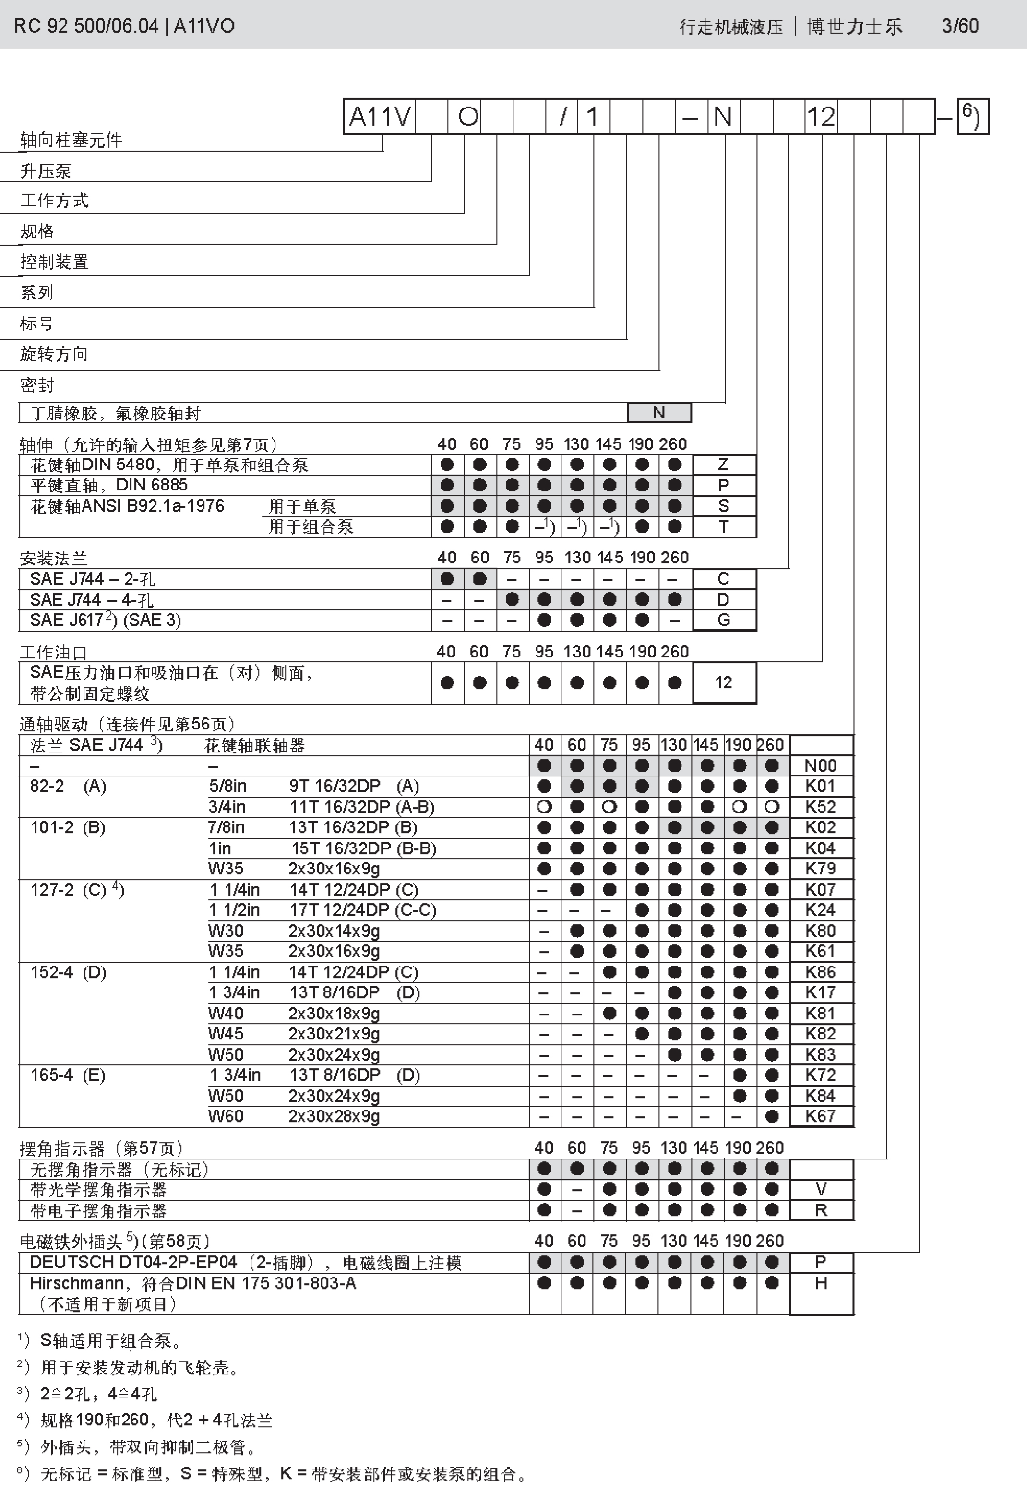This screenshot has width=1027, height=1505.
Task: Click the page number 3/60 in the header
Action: (x=960, y=26)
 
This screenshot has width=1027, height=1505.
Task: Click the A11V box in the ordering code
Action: (x=380, y=117)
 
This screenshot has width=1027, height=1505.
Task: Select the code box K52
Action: (x=821, y=807)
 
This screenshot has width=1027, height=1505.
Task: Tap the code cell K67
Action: (x=821, y=1116)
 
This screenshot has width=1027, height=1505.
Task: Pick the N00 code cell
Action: (x=821, y=765)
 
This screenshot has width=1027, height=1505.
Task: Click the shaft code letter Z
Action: (x=723, y=465)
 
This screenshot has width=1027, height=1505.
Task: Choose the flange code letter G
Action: (x=723, y=620)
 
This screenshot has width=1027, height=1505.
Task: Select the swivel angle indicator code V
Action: (x=821, y=1190)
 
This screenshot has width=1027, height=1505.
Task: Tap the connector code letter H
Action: (x=821, y=1283)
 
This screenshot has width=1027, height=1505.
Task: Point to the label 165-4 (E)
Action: (x=67, y=1075)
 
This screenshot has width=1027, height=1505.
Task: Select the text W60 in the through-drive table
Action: (x=226, y=1116)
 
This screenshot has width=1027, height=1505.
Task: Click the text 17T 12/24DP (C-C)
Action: (x=363, y=910)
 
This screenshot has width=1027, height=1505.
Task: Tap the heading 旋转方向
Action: (x=54, y=354)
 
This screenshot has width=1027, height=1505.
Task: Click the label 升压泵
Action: (x=45, y=171)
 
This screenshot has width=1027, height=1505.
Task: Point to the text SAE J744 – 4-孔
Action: (x=91, y=600)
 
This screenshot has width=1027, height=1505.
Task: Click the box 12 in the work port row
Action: (x=723, y=682)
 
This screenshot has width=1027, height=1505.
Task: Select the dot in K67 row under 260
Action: (x=772, y=1116)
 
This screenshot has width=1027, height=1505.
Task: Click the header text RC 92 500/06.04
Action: (x=86, y=26)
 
